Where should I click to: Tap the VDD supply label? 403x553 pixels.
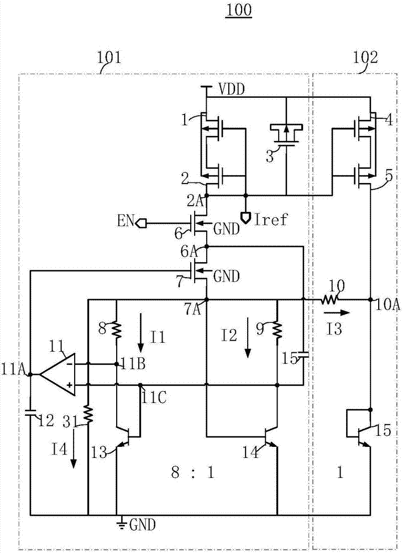click(x=231, y=88)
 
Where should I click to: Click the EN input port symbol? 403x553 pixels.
click(x=140, y=223)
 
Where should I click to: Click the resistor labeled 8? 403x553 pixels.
click(x=117, y=330)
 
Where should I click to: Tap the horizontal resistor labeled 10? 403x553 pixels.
click(x=330, y=300)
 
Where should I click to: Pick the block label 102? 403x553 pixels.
click(x=366, y=57)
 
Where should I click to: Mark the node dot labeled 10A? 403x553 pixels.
click(x=370, y=300)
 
